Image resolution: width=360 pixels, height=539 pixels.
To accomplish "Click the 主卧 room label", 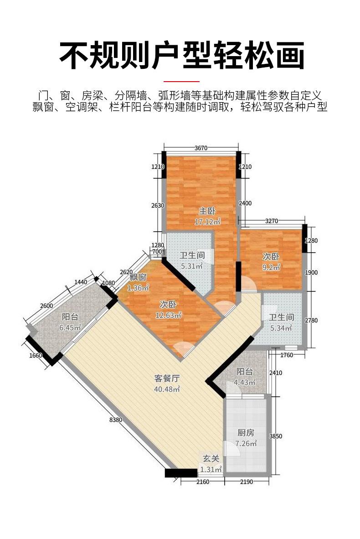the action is pyautogui.click(x=207, y=211).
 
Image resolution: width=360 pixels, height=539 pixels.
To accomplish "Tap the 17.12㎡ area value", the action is pyautogui.click(x=207, y=222).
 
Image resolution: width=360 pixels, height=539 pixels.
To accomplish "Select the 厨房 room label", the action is pyautogui.click(x=246, y=433).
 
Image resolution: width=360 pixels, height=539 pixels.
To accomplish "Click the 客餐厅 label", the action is pyautogui.click(x=167, y=378).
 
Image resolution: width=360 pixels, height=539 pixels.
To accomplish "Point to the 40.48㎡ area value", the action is pyautogui.click(x=167, y=389).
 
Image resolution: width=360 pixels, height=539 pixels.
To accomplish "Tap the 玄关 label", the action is pyautogui.click(x=211, y=459).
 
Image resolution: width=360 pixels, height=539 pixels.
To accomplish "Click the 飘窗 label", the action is pyautogui.click(x=139, y=277).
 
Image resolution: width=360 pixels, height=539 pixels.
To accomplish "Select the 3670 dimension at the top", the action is pyautogui.click(x=201, y=148).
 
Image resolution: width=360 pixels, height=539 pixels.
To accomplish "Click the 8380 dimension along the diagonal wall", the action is pyautogui.click(x=115, y=420).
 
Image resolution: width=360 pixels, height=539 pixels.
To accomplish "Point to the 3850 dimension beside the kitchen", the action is pyautogui.click(x=276, y=436).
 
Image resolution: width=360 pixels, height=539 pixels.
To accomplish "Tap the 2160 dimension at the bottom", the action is pyautogui.click(x=203, y=482).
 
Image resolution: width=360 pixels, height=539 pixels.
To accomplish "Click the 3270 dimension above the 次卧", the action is pyautogui.click(x=272, y=221).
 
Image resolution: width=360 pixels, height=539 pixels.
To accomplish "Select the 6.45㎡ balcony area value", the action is pyautogui.click(x=70, y=327).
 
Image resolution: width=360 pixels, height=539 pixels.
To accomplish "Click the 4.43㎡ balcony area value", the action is pyautogui.click(x=245, y=382).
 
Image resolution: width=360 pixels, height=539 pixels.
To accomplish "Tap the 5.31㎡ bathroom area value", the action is pyautogui.click(x=192, y=266).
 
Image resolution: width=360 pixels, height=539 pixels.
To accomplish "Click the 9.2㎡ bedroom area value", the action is pyautogui.click(x=272, y=267).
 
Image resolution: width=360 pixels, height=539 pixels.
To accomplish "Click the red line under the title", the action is pyautogui.click(x=181, y=82).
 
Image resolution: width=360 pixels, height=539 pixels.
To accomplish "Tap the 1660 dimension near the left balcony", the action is pyautogui.click(x=36, y=355).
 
